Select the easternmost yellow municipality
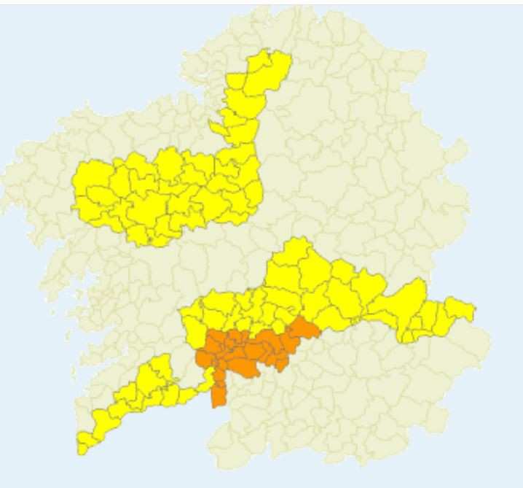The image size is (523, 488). coord(460,310)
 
